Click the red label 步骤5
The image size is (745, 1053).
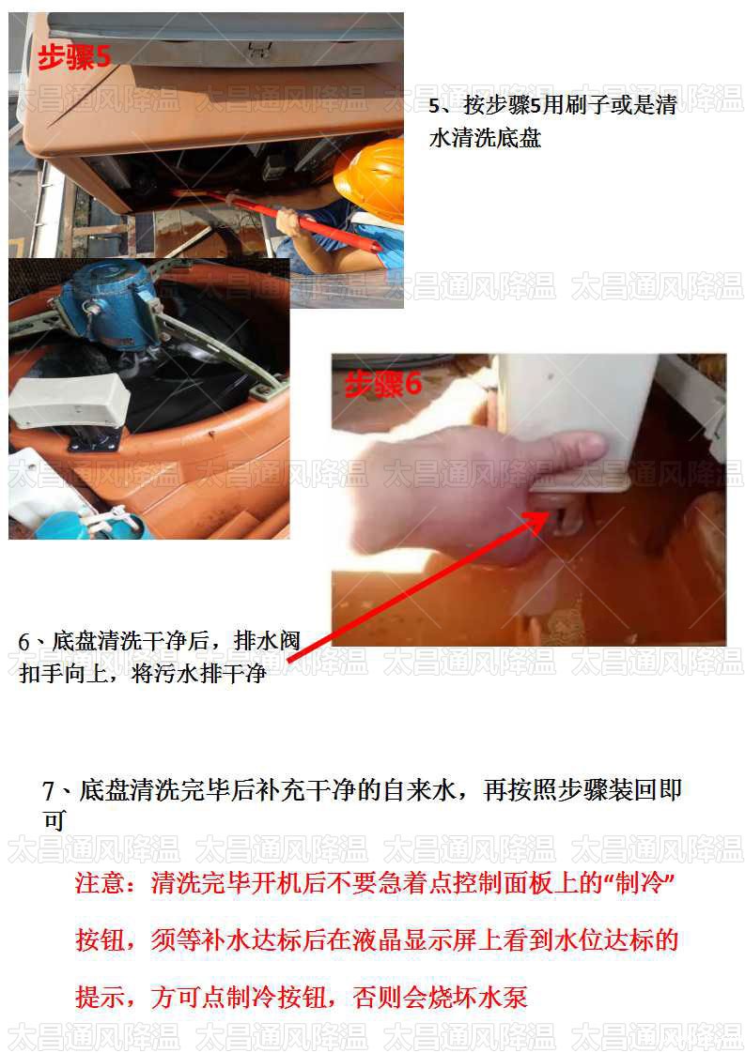(x=74, y=57)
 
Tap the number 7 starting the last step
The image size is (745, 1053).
(x=50, y=791)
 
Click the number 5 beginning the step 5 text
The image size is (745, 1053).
(x=434, y=106)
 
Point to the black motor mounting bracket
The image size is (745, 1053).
(x=94, y=439)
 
